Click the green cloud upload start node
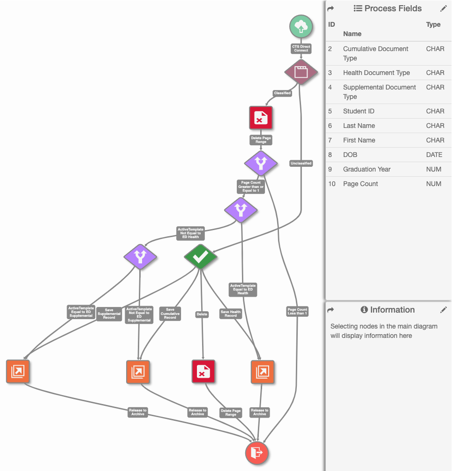click(301, 26)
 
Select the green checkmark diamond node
click(201, 257)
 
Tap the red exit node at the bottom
click(257, 453)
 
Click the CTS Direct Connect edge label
click(301, 48)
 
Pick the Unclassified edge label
click(301, 163)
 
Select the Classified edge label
click(282, 93)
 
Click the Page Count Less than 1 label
click(297, 311)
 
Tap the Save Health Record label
click(231, 314)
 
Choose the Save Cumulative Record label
click(170, 314)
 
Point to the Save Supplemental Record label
click(109, 314)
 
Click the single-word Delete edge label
click(202, 314)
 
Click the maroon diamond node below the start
click(301, 72)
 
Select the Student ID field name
click(359, 111)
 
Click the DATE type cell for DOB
click(434, 155)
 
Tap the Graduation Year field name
click(367, 169)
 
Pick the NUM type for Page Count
click(434, 184)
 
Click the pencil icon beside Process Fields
click(444, 8)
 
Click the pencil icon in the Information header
click(444, 310)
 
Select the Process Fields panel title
click(393, 8)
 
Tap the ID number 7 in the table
click(330, 140)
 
